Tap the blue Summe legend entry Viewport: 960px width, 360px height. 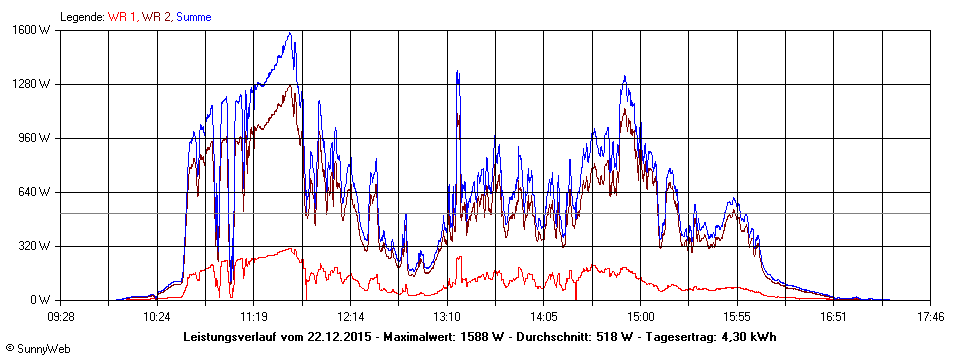pyautogui.click(x=194, y=17)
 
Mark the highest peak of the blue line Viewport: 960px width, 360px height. pyautogui.click(x=290, y=33)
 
